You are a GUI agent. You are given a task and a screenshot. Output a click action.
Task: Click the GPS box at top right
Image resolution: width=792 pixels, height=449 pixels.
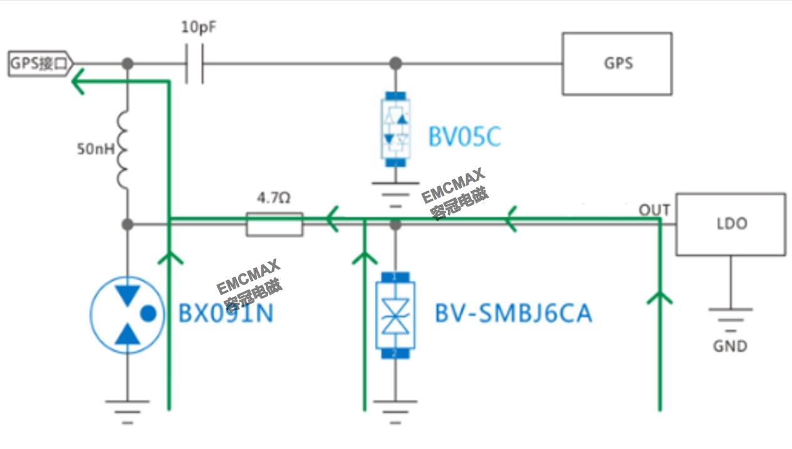617,63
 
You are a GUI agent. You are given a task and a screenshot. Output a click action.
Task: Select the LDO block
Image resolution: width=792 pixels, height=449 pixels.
730,224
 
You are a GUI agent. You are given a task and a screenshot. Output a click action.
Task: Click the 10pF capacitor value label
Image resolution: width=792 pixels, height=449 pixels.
199,28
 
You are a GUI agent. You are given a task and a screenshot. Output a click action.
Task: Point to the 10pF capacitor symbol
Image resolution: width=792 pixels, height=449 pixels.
194,63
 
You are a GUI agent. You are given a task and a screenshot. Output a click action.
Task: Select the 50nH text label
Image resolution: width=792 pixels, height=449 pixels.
94,149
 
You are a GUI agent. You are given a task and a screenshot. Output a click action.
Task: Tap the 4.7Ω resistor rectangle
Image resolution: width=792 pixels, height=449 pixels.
274,224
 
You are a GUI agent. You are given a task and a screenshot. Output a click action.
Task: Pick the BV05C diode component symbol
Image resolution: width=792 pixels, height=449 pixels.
395,129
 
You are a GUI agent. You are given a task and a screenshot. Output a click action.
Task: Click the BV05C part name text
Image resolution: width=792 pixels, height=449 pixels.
464,137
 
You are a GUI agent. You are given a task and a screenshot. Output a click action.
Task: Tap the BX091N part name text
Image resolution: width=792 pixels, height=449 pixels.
226,313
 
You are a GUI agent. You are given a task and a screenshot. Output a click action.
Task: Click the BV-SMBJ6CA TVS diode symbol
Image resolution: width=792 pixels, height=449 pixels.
395,314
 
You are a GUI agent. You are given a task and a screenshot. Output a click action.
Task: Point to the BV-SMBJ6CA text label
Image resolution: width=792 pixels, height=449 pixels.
513,313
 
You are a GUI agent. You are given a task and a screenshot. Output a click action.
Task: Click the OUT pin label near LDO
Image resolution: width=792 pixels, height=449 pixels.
654,210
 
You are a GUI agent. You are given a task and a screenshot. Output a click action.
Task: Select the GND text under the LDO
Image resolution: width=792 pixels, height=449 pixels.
730,346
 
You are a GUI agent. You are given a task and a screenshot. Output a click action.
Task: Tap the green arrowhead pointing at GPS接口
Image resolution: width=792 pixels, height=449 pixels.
78,81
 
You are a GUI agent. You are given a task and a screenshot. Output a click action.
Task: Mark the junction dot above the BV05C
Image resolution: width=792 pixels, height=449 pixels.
395,63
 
